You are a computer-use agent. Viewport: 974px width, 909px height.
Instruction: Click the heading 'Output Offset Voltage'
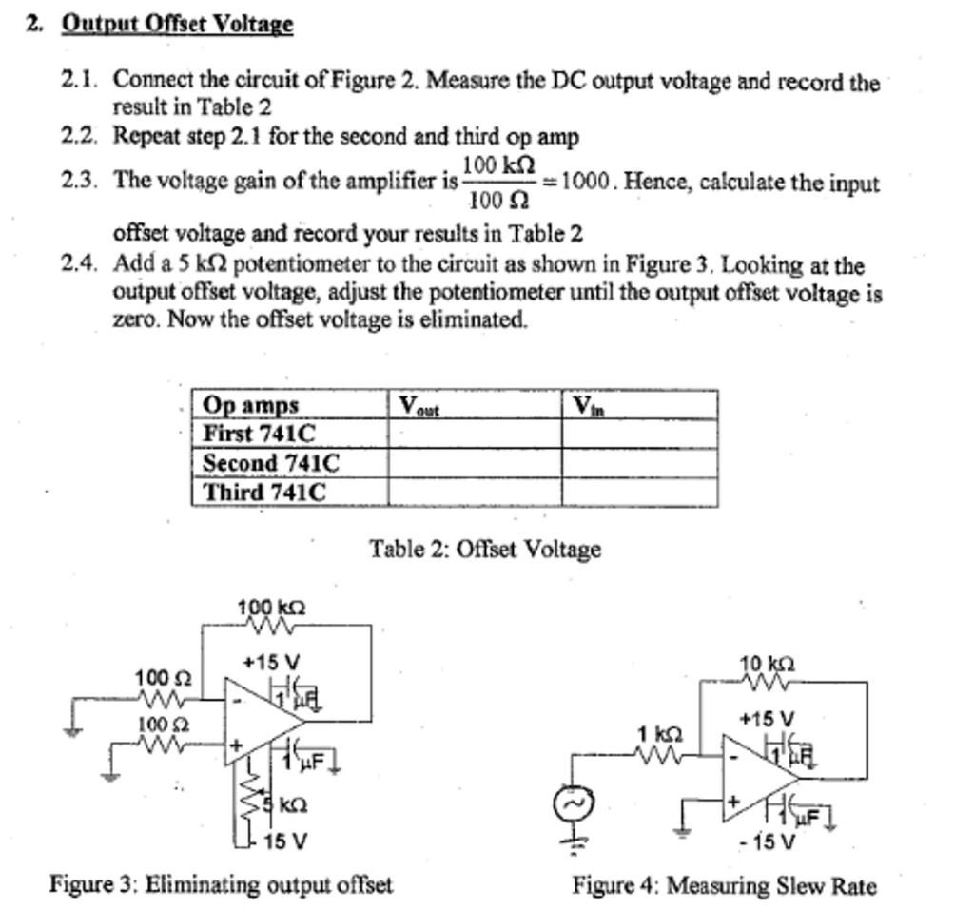[178, 24]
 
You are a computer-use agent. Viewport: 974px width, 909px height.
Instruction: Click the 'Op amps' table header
[250, 405]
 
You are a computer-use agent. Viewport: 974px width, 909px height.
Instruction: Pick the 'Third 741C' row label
[264, 493]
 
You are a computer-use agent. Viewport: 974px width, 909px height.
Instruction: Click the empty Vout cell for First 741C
[474, 434]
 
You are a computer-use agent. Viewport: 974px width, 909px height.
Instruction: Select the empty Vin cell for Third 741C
[638, 493]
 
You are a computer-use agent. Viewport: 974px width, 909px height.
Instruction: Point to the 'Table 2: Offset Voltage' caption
[485, 549]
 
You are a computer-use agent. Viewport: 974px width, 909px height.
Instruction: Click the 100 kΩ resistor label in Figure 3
[272, 607]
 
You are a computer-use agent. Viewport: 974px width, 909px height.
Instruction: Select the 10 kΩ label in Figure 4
[769, 664]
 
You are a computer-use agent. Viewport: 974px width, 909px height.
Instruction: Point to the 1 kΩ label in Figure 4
[660, 734]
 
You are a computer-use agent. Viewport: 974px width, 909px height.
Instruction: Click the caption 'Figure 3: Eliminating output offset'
[221, 884]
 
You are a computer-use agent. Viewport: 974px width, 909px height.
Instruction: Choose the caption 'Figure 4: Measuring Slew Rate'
[724, 886]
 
